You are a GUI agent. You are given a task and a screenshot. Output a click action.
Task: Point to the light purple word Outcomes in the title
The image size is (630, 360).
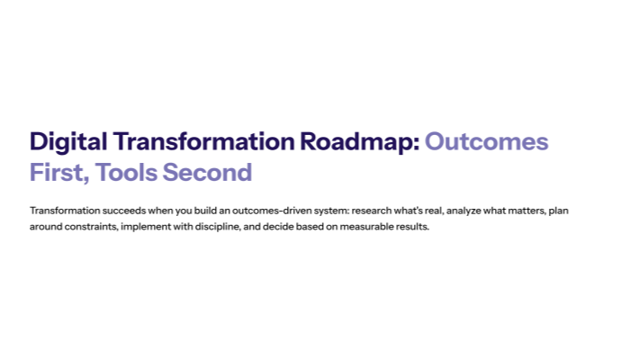(486, 142)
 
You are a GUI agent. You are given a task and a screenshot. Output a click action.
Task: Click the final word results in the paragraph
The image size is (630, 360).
(415, 227)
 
